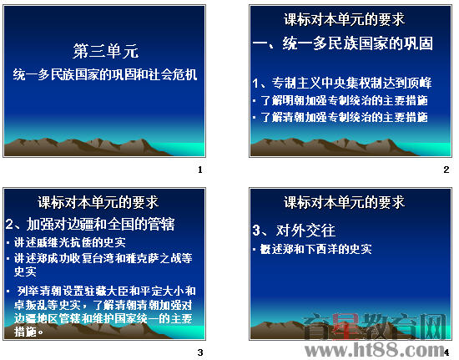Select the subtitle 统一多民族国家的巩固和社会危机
[x=105, y=74]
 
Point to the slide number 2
[x=446, y=170]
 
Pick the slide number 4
[x=446, y=352]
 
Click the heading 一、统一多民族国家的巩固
[x=343, y=43]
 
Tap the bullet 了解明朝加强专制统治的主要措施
[x=342, y=101]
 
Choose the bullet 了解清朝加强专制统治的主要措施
[x=342, y=118]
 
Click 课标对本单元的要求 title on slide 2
[x=345, y=18]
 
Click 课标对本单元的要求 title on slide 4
[x=345, y=202]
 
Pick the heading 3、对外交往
[x=293, y=230]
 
